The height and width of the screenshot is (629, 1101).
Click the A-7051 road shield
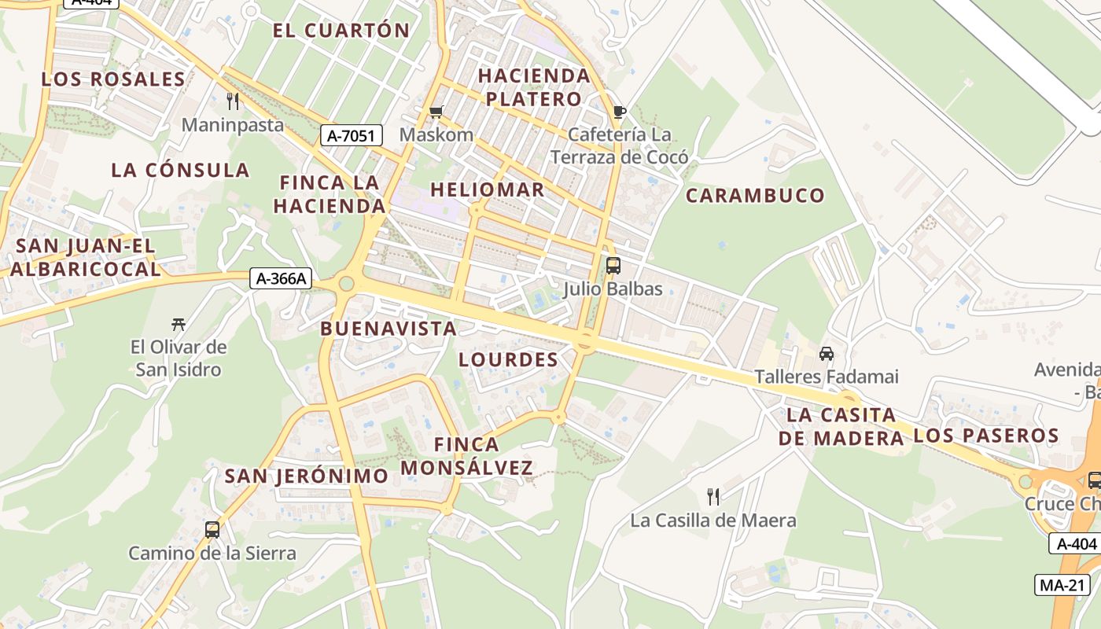tap(352, 136)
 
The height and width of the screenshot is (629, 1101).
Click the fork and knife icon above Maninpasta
tap(232, 101)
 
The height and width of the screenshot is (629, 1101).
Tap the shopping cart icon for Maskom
tap(436, 112)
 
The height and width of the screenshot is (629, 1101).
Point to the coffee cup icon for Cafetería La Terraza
tap(619, 112)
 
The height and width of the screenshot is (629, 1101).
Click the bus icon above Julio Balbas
tap(613, 266)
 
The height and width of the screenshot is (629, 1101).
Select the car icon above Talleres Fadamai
tap(827, 354)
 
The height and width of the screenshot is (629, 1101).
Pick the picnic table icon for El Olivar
tap(179, 324)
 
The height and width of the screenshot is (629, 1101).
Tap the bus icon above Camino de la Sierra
tap(212, 530)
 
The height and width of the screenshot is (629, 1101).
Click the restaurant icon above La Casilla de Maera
tap(713, 497)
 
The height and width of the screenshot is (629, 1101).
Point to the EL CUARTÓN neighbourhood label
tap(341, 31)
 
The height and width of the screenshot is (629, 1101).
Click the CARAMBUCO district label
tap(755, 196)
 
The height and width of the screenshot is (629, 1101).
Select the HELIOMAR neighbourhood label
tap(487, 189)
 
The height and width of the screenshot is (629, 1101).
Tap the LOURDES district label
tap(508, 360)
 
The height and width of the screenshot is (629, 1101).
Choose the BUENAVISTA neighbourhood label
tap(388, 329)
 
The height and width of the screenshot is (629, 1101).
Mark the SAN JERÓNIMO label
tap(306, 476)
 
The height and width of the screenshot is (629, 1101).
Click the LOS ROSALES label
tap(113, 79)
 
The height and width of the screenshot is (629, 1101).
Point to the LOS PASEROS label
tap(986, 436)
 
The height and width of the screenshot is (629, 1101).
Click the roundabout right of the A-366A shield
tap(346, 284)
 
